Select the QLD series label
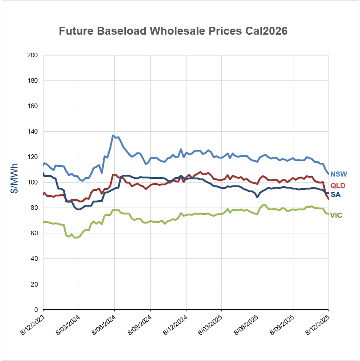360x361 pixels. click(x=338, y=186)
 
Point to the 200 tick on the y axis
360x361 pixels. click(x=32, y=55)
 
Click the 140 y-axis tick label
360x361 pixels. click(x=32, y=132)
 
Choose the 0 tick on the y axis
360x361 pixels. click(x=36, y=310)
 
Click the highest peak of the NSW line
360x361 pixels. click(x=113, y=135)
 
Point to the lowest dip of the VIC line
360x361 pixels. click(x=75, y=237)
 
